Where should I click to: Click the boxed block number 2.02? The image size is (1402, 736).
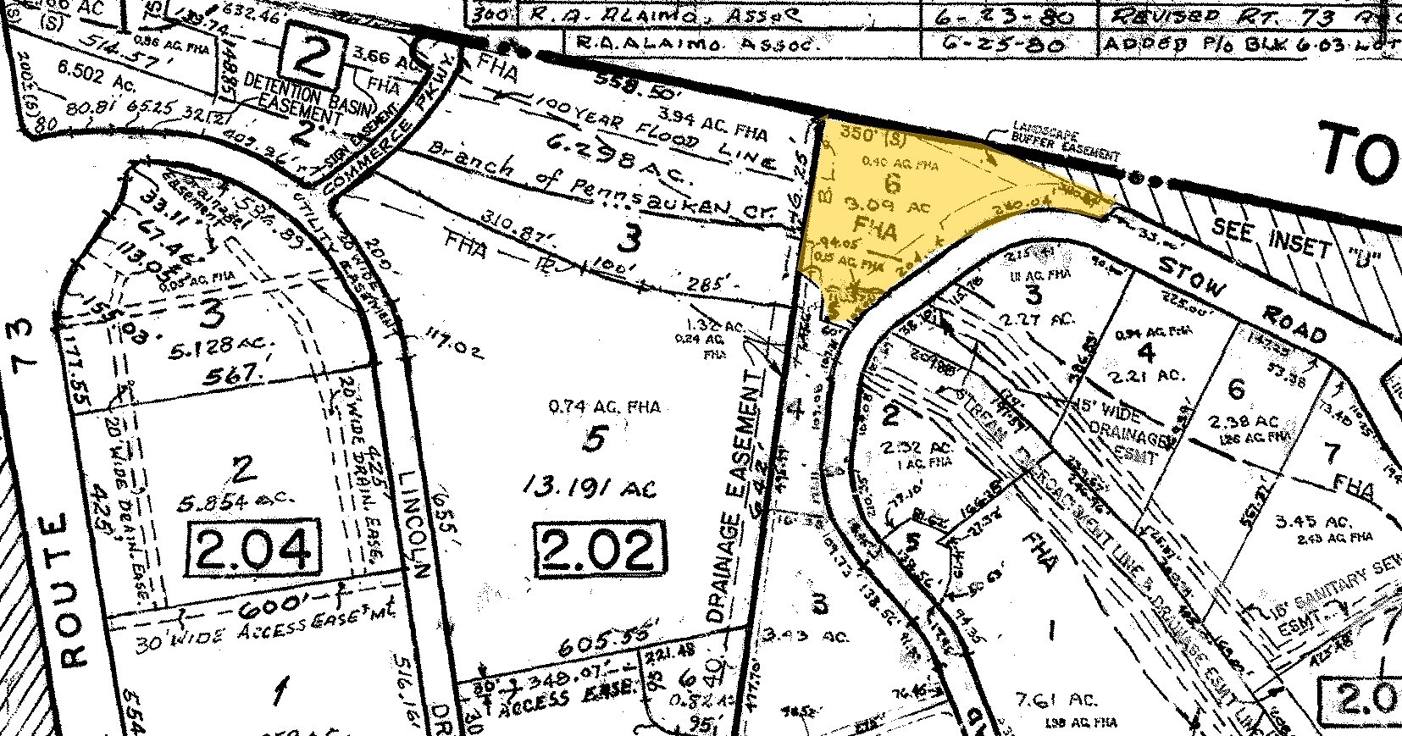(x=599, y=548)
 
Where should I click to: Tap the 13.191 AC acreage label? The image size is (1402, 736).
(x=590, y=489)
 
